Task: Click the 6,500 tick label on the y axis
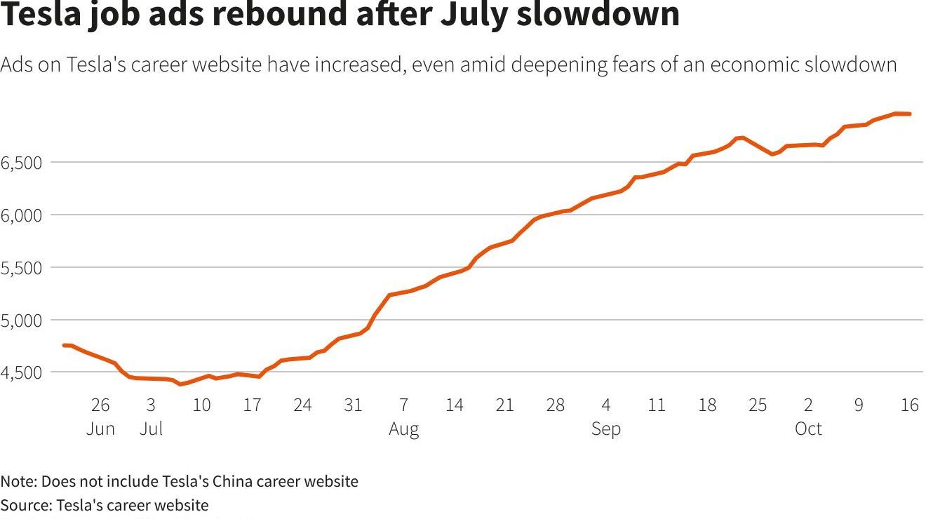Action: tap(22, 163)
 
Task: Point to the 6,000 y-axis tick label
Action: tap(22, 215)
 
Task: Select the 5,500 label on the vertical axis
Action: tap(22, 268)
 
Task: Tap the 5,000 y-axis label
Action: tap(22, 321)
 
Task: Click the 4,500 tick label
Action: tap(22, 372)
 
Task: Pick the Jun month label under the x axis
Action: tap(100, 429)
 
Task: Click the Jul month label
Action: tap(151, 429)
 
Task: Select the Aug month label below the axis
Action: tap(404, 429)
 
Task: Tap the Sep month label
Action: tap(606, 429)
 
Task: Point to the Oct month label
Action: tap(808, 429)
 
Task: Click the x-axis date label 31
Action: tap(353, 405)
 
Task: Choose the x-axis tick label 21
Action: tap(504, 405)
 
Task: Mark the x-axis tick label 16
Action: tap(909, 405)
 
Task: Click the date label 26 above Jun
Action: tap(100, 405)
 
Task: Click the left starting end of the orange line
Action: tap(65, 345)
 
